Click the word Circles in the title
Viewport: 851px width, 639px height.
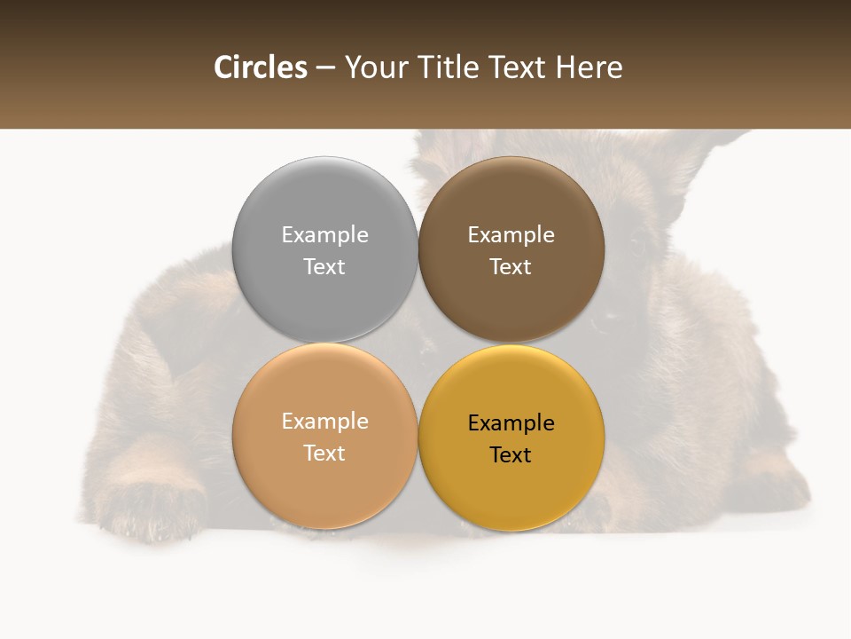tap(260, 67)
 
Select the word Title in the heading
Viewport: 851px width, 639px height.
tap(453, 67)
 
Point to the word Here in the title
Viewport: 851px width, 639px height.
tap(589, 67)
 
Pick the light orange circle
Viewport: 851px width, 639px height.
tap(324, 484)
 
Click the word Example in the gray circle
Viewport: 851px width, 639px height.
tap(324, 234)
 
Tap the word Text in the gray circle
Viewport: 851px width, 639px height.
tap(324, 266)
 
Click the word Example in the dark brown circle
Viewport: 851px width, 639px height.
tap(511, 234)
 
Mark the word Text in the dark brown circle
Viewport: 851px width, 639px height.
tap(511, 266)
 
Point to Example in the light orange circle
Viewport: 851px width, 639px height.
tap(324, 421)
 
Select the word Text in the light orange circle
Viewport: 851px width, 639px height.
tap(324, 453)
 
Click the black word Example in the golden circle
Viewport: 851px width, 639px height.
tap(511, 422)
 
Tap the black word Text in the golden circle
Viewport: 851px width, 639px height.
tap(511, 454)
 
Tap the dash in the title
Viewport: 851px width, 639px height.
tap(325, 68)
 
